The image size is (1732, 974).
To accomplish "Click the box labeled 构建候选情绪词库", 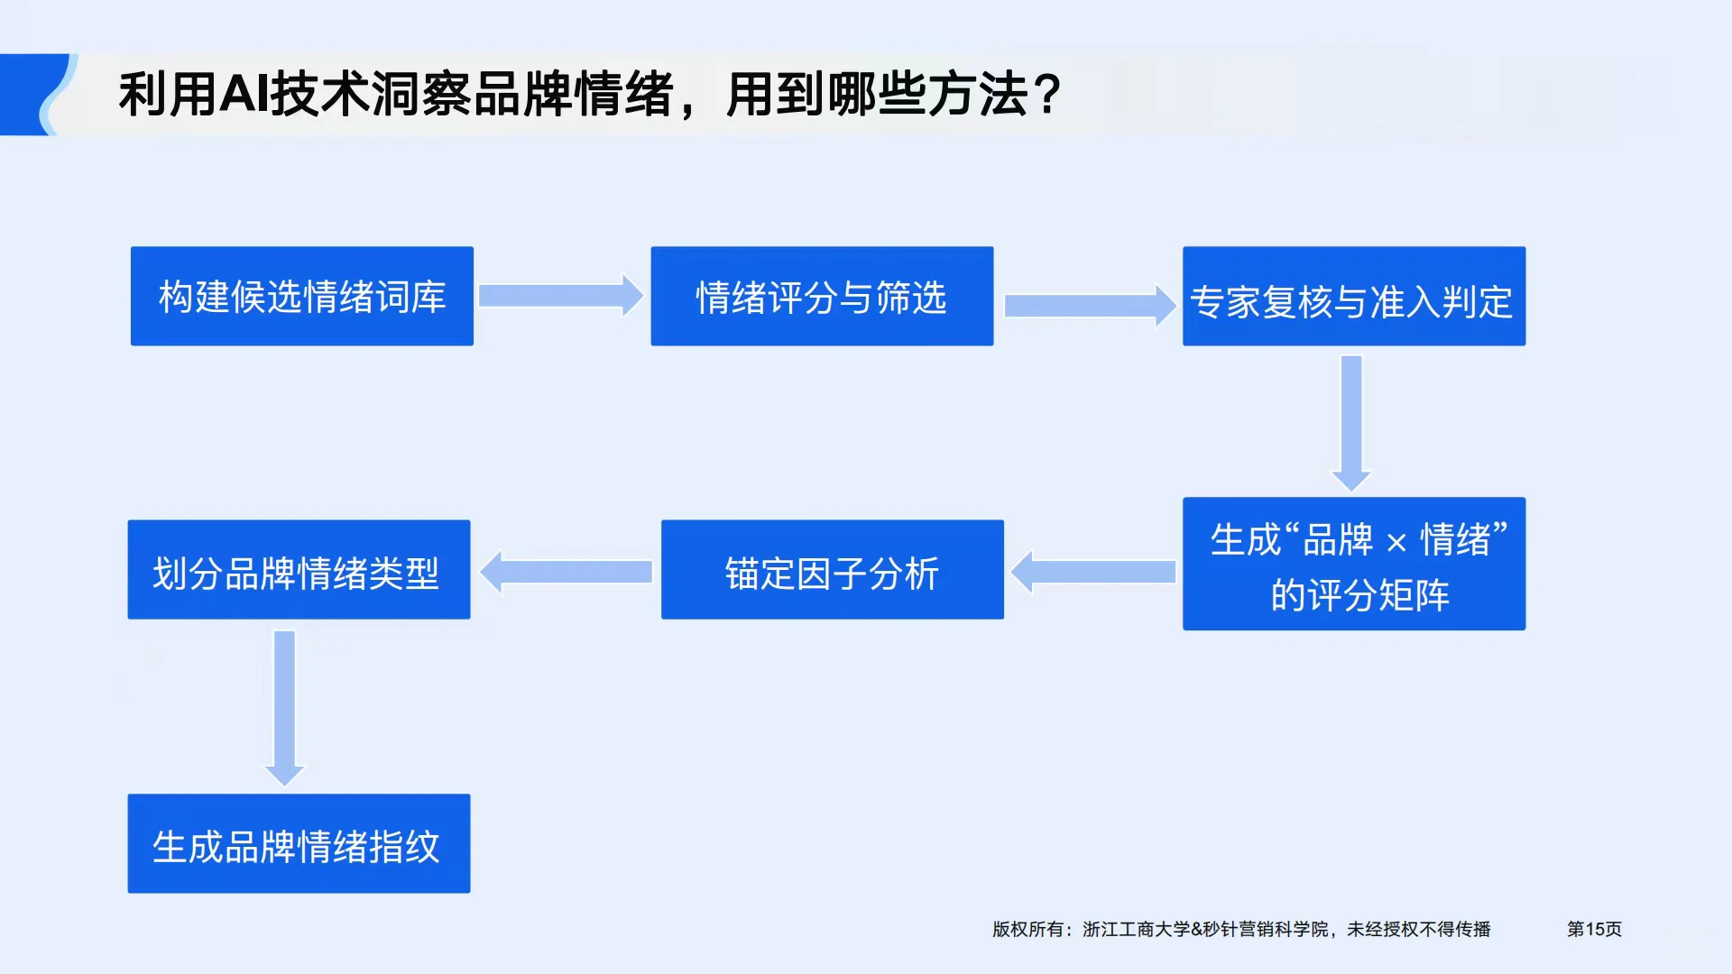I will [x=301, y=296].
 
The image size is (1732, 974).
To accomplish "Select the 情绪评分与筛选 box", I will [x=822, y=296].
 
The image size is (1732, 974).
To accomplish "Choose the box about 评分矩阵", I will [x=1353, y=564].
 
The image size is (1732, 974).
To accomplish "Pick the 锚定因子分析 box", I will [x=832, y=569].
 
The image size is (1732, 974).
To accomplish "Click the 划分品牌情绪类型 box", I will [x=299, y=569].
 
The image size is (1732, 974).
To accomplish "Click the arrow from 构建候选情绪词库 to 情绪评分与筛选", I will [x=560, y=296].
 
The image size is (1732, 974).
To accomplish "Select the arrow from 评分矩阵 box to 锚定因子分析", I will [x=1093, y=572].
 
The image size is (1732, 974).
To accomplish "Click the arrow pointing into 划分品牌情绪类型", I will [x=566, y=572].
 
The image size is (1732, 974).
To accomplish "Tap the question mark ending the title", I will [x=1047, y=94].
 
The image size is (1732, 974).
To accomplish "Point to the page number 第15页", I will [x=1594, y=929].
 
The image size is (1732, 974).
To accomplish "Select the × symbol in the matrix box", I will [x=1396, y=542].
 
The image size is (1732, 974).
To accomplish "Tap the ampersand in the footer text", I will [x=1196, y=929].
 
